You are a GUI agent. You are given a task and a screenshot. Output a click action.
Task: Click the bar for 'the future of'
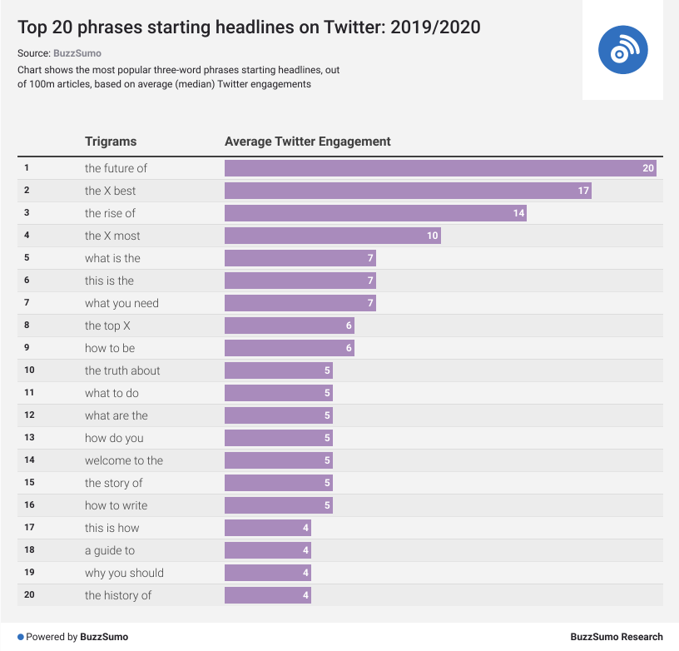click(441, 168)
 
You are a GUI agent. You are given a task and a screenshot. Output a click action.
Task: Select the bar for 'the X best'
click(408, 191)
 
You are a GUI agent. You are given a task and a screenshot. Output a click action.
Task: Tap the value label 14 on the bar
click(518, 213)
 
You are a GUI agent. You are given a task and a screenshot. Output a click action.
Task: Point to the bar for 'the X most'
click(333, 236)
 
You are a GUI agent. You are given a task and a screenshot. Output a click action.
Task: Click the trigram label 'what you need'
click(121, 303)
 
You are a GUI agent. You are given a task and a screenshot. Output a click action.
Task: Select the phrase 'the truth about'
click(122, 370)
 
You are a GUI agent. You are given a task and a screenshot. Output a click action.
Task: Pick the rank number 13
click(29, 438)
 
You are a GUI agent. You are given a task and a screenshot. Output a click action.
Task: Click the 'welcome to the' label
click(124, 460)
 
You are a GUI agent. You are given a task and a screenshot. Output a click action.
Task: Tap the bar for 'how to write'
click(278, 505)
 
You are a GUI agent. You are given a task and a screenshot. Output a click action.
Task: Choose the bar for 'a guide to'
click(267, 550)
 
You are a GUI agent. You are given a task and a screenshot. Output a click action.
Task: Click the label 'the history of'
click(118, 595)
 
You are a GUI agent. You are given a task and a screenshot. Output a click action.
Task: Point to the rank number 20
click(29, 595)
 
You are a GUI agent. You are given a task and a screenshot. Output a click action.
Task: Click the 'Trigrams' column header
click(111, 142)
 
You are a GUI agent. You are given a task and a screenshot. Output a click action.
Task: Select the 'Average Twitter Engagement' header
click(308, 142)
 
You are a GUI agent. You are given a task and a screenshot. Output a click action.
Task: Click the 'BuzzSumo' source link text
click(77, 53)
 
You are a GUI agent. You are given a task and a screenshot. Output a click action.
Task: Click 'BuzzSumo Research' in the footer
click(617, 637)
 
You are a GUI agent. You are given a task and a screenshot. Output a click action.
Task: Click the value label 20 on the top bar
click(648, 168)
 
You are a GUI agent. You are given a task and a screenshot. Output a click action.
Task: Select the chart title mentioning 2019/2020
click(249, 27)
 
